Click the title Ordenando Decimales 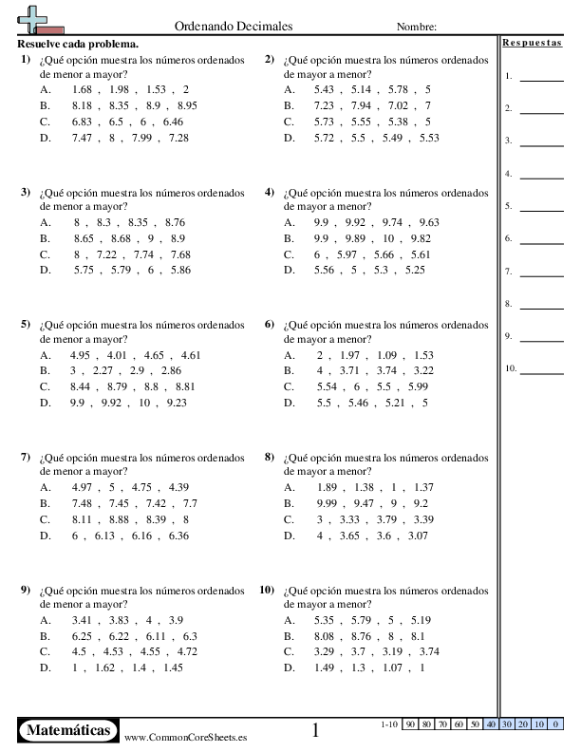[x=234, y=27]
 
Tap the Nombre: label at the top [x=417, y=28]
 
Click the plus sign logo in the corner [x=35, y=19]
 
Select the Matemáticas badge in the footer [x=68, y=730]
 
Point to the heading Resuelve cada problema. [x=78, y=44]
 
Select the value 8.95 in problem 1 [x=186, y=105]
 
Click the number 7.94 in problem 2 [x=365, y=105]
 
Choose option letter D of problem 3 [x=46, y=270]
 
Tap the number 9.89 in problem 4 [x=357, y=237]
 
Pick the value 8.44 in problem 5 [x=81, y=386]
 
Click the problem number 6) [x=269, y=324]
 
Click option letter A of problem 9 [x=46, y=619]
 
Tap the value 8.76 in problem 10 [x=360, y=635]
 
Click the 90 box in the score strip [x=411, y=724]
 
